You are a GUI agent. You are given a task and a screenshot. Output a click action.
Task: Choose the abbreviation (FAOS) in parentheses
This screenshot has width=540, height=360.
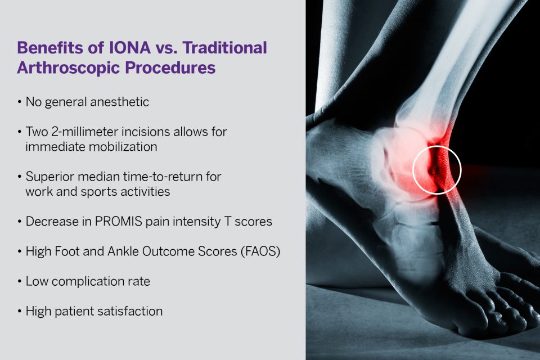coord(262,251)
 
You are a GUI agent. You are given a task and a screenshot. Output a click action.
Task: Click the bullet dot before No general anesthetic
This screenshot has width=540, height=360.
coord(20,102)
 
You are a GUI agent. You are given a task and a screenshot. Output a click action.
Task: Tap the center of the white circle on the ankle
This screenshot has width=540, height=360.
coord(437,170)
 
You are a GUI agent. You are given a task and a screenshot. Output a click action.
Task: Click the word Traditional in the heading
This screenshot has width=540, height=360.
coord(223,48)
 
